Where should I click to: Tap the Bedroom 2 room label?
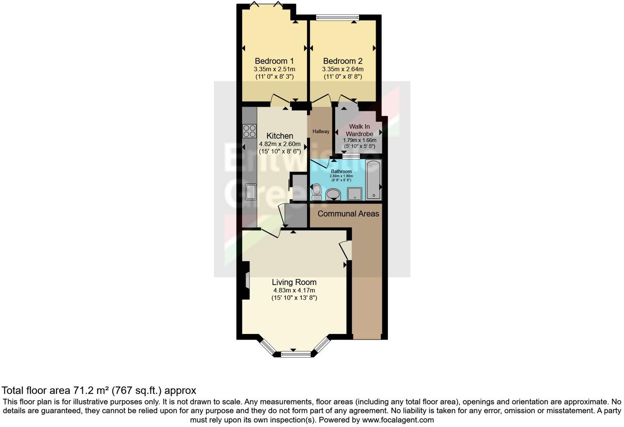click(342, 61)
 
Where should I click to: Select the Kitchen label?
click(280, 136)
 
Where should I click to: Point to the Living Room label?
click(294, 282)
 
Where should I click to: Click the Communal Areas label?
click(348, 214)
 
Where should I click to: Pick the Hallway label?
click(321, 132)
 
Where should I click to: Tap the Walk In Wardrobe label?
click(359, 130)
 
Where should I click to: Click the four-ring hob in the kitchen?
click(249, 131)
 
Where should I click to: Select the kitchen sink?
click(250, 191)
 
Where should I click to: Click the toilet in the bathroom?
click(317, 192)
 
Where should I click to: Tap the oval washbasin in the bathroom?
click(333, 194)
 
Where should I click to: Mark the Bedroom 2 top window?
click(337, 17)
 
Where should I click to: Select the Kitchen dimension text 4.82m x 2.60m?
click(280, 144)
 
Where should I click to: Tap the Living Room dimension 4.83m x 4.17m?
click(294, 290)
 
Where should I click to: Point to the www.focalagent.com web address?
click(398, 420)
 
